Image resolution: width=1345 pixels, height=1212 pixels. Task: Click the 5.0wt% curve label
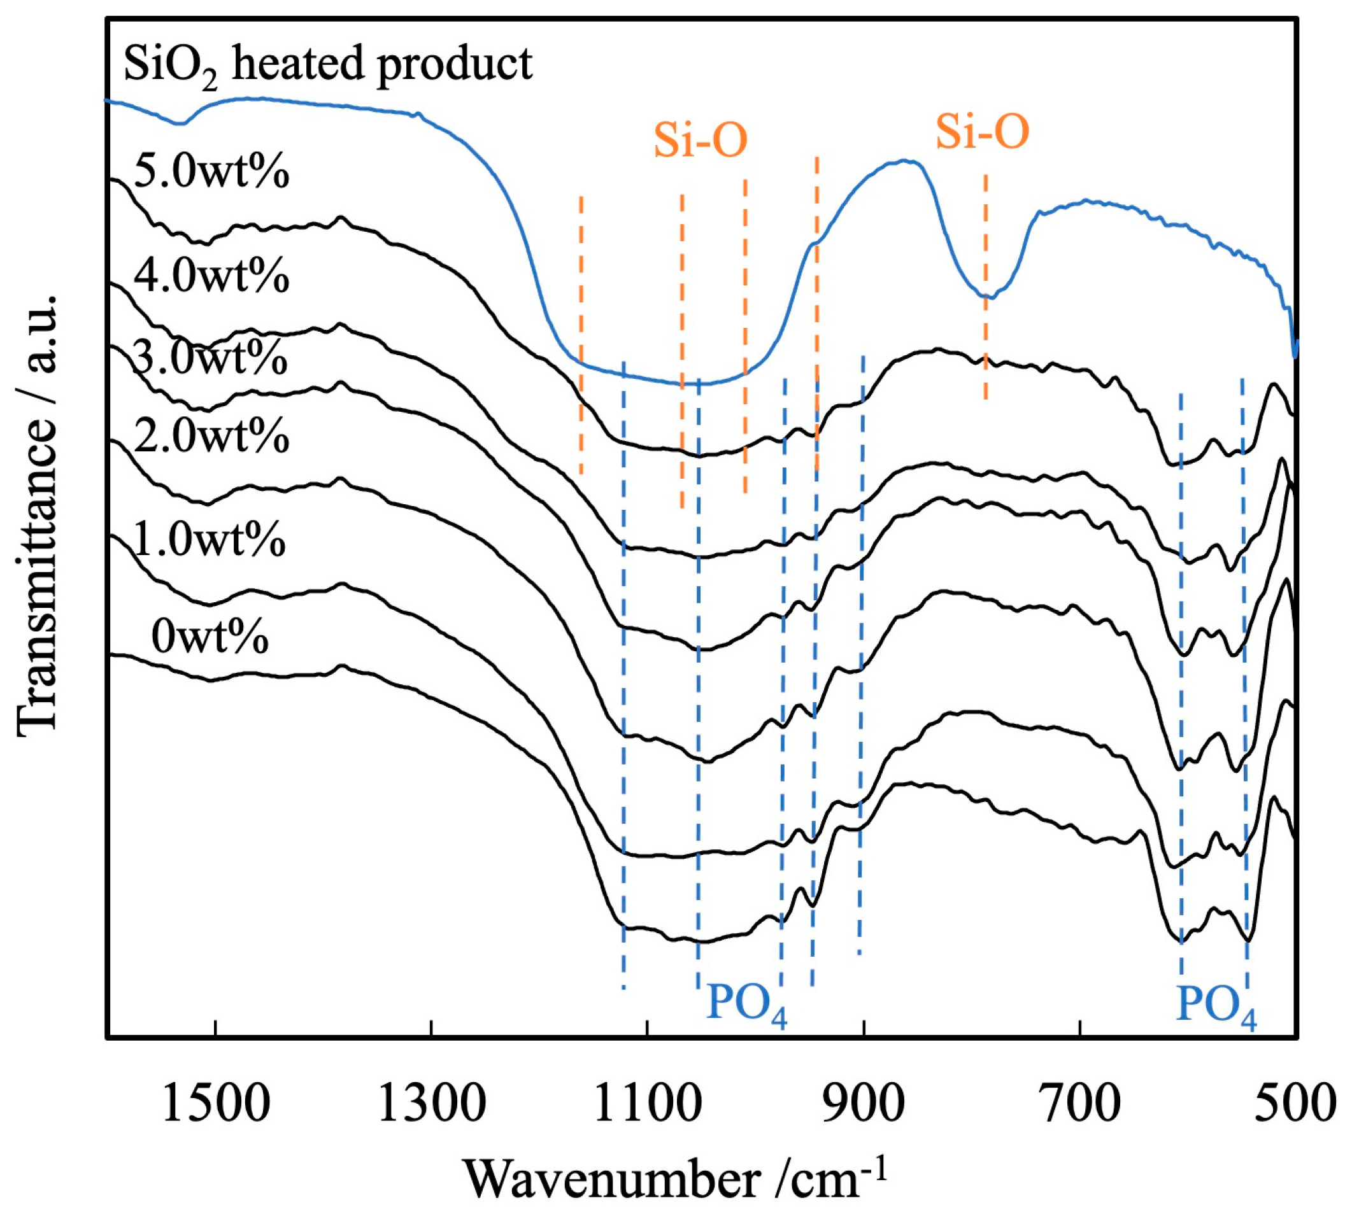pos(211,173)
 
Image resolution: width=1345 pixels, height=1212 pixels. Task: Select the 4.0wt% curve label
pos(211,276)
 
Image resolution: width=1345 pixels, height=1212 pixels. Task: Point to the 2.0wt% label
pos(211,437)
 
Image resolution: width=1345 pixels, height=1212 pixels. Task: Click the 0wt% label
pos(210,637)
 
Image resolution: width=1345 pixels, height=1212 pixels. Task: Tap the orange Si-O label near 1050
pos(700,141)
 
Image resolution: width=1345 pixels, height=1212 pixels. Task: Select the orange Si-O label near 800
pos(982,132)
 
